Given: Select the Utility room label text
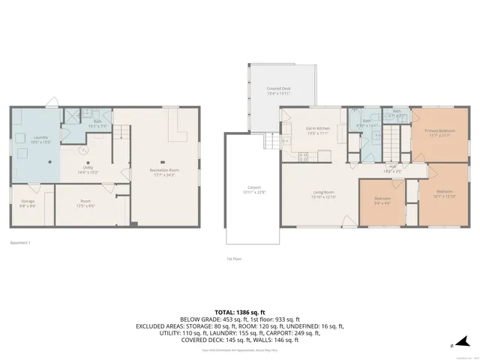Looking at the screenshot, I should (x=88, y=170).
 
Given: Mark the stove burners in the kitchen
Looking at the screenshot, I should (x=303, y=156).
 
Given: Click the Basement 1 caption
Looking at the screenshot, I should (x=21, y=242).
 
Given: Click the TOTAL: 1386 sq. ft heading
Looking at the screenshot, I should (x=240, y=310).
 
